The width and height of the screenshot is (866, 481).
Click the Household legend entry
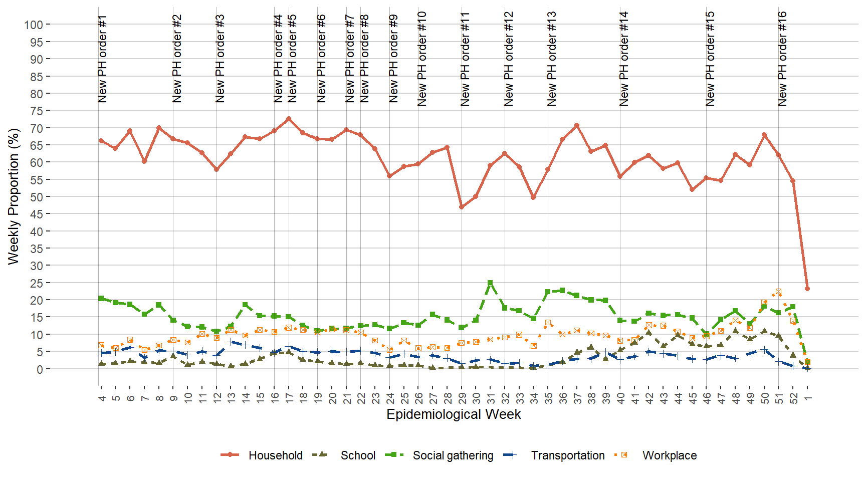click(275, 455)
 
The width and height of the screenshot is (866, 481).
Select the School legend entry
click(357, 455)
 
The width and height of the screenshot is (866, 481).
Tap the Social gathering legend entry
click(453, 455)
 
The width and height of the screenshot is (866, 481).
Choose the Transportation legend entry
click(567, 455)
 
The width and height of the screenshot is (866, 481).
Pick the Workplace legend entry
click(669, 455)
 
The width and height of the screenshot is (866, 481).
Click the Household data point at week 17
click(289, 119)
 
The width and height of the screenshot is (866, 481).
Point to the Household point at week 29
click(462, 207)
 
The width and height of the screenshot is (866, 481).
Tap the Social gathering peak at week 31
click(490, 283)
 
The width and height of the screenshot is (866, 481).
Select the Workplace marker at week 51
click(778, 292)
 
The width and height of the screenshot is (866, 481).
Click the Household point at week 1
click(807, 289)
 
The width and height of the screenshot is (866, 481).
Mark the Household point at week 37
click(577, 125)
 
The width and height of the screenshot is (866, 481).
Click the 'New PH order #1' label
click(102, 59)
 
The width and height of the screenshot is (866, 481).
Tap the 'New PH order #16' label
click(782, 59)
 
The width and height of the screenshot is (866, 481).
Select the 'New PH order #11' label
click(466, 59)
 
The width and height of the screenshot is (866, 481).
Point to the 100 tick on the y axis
click(34, 25)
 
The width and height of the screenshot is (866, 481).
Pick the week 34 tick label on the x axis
click(534, 398)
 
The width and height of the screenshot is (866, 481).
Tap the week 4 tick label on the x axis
click(102, 398)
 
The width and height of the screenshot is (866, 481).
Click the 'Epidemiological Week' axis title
click(454, 414)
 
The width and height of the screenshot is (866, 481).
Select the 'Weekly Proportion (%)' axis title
click(14, 196)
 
